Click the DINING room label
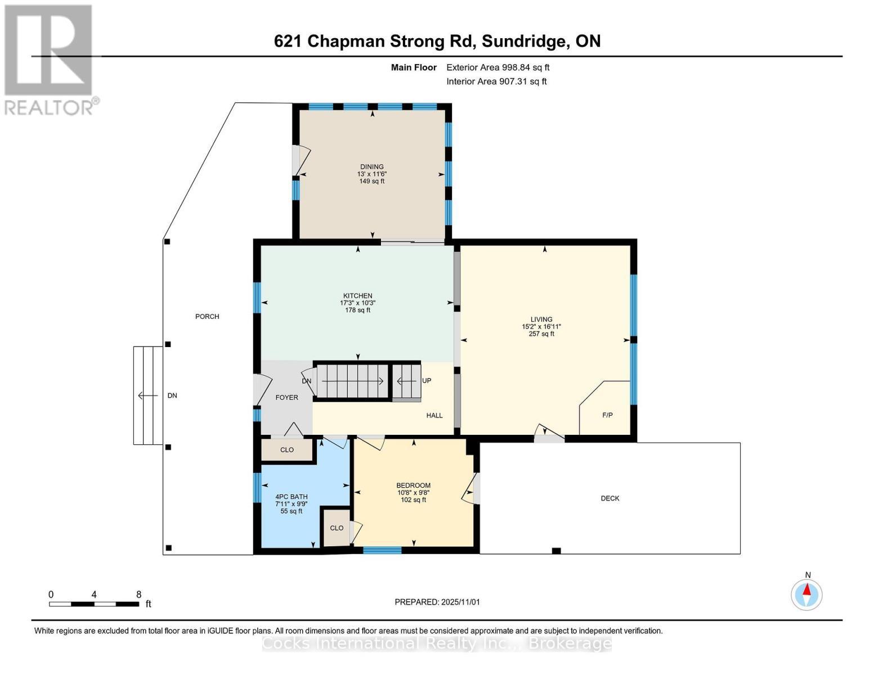(371, 167)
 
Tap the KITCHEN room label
(358, 296)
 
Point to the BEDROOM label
(413, 485)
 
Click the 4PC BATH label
(291, 497)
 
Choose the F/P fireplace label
(607, 415)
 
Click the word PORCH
(207, 317)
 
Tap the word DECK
(609, 498)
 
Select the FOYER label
(286, 398)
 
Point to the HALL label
(434, 416)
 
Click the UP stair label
(427, 381)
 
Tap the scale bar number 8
(138, 595)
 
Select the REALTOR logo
(50, 59)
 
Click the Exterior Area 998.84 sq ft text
(497, 67)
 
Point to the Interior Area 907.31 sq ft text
(496, 82)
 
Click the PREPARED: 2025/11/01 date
(437, 602)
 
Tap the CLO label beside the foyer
(287, 450)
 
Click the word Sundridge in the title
(523, 41)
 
